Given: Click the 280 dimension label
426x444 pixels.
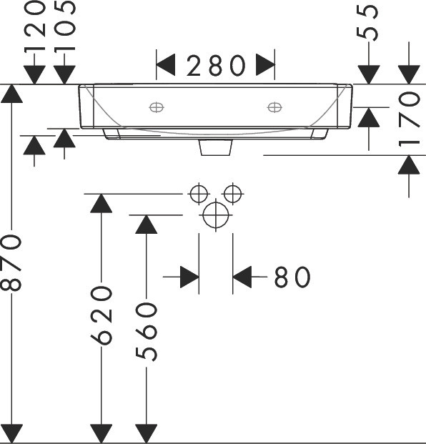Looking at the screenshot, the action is pos(216,66).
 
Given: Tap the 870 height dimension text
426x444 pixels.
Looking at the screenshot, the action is pos(11,263).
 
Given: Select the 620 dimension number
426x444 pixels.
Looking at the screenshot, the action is pos(101,315).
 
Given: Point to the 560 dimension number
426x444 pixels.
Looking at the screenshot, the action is pos(147,332).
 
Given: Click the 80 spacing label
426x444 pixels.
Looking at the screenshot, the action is pos(292,277).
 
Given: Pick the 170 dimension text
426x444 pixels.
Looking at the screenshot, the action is pos(409,119).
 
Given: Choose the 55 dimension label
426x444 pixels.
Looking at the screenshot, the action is pos(367,23).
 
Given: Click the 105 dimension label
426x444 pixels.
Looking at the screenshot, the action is pos(65,26).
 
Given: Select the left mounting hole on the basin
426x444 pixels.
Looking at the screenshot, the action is pos(157,107).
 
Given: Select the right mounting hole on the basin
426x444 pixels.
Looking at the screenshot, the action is pos(274,107).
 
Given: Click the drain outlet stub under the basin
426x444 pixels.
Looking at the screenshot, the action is pos(216,147).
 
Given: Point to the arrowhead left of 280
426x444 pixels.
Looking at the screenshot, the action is pos(166,65).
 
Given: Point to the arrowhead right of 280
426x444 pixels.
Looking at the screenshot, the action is pos(265,65).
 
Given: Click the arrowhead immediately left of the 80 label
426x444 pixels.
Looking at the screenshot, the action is pos(242,277).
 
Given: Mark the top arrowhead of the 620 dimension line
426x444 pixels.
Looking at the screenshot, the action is pos(101,203).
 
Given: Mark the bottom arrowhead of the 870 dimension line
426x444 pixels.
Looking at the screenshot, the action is pos(11,433).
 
